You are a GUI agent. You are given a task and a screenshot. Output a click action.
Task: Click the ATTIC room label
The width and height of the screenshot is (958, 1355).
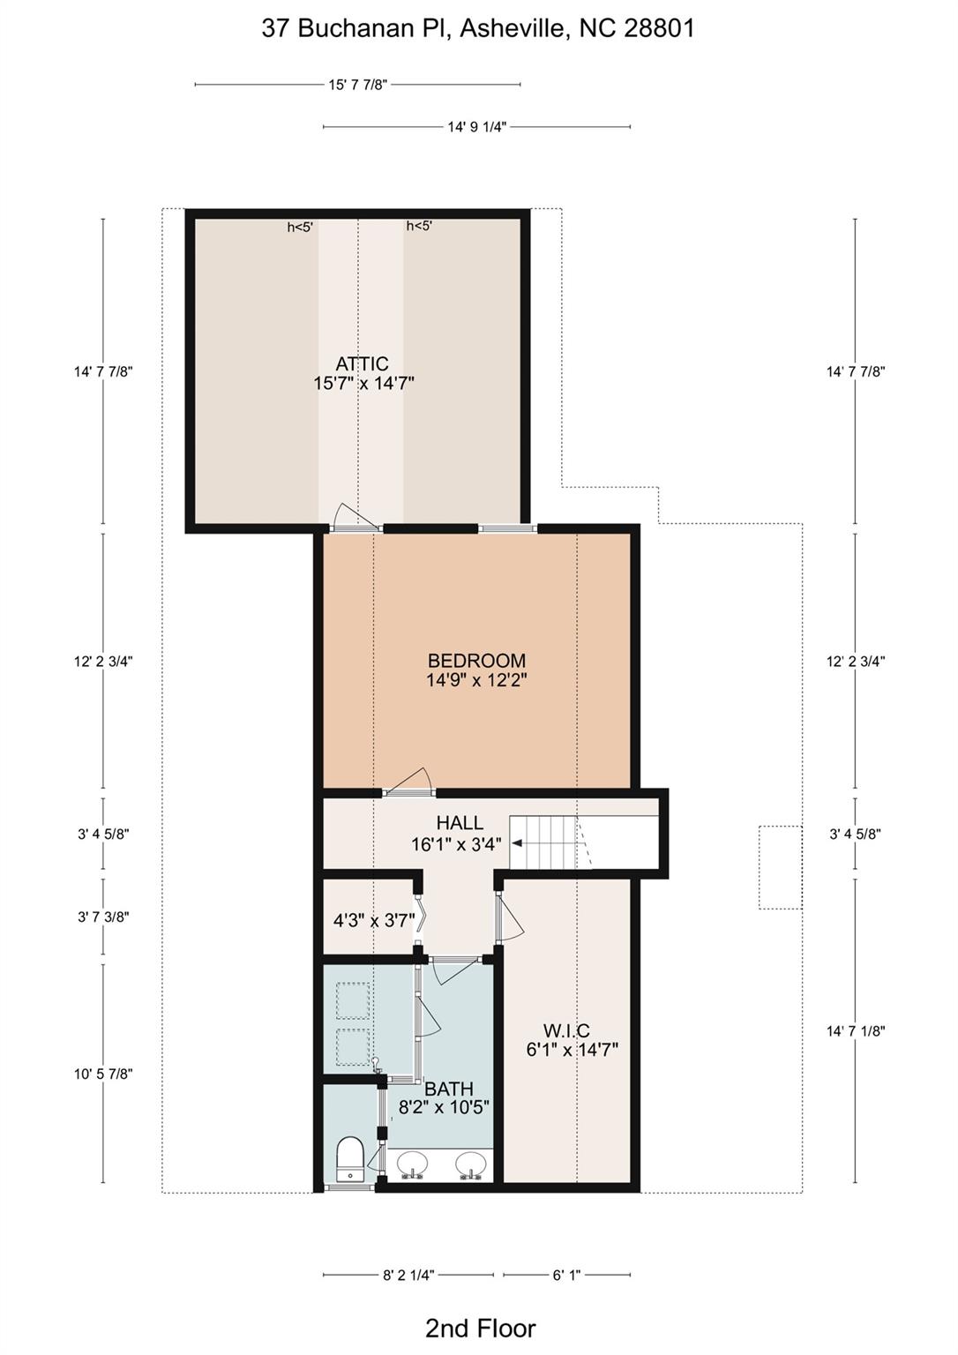363,363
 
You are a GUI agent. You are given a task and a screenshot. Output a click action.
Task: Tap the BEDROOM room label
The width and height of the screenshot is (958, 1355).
476,661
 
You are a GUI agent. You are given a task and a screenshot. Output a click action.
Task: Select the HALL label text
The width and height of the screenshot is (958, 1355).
460,823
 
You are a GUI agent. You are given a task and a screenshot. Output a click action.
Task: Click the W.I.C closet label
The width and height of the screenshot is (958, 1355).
566,1030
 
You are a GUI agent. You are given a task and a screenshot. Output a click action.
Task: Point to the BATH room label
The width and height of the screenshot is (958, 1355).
448,1089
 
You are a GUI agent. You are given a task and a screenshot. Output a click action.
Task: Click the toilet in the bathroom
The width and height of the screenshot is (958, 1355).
351,1158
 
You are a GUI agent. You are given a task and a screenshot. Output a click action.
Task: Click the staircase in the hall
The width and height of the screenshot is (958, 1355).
547,842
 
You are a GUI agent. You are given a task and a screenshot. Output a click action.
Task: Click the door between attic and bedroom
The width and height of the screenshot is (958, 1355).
356,520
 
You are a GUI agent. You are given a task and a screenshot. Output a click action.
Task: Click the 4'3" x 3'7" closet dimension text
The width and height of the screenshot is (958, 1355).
374,921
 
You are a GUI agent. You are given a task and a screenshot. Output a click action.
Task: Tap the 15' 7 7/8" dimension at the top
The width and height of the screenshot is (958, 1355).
357,85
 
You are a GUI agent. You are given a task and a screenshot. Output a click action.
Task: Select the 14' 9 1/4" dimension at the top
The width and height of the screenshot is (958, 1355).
476,127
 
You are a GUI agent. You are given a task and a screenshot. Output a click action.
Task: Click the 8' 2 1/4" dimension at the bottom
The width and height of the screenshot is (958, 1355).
408,1275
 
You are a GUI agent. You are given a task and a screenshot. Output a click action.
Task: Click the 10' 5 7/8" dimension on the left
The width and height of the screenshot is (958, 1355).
103,1074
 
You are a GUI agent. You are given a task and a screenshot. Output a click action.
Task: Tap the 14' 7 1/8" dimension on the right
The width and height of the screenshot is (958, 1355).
855,1030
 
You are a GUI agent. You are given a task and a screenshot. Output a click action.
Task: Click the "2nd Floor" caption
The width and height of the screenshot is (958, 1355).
480,1328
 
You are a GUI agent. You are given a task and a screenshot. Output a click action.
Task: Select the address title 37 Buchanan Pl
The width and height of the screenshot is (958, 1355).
477,28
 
